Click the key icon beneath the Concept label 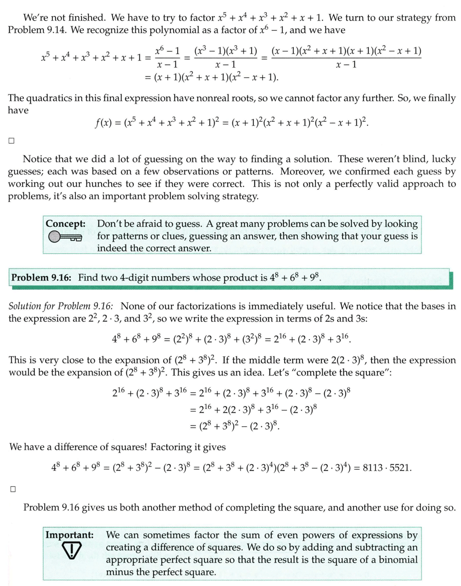coord(65,236)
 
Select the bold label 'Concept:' coord(65,223)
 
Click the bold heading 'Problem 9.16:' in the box coord(42,278)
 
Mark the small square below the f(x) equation coord(12,141)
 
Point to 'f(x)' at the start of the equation coord(104,124)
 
